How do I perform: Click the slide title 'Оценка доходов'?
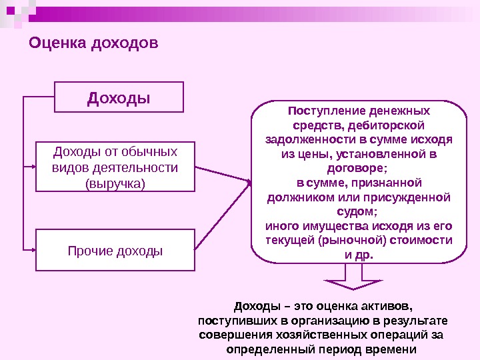(x=93, y=44)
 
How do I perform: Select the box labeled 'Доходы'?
(x=119, y=98)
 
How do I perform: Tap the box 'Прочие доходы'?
(x=115, y=251)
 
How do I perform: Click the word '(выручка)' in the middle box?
(x=115, y=181)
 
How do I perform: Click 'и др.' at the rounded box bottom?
(x=358, y=255)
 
